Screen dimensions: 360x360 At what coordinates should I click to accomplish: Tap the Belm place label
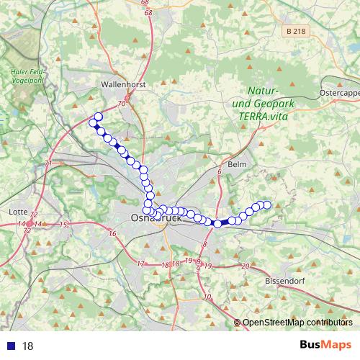pyautogui.click(x=236, y=165)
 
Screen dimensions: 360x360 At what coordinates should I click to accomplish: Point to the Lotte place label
pyautogui.click(x=16, y=212)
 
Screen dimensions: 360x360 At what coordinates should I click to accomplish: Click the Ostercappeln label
pyautogui.click(x=339, y=94)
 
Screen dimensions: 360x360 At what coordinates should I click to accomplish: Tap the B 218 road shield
pyautogui.click(x=294, y=32)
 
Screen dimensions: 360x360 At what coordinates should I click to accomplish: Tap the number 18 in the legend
pyautogui.click(x=28, y=346)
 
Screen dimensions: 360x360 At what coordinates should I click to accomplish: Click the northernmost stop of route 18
pyautogui.click(x=98, y=117)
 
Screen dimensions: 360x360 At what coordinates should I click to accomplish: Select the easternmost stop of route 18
pyautogui.click(x=266, y=205)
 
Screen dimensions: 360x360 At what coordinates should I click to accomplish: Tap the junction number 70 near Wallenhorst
pyautogui.click(x=121, y=104)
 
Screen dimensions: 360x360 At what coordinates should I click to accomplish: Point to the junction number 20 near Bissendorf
pyautogui.click(x=246, y=267)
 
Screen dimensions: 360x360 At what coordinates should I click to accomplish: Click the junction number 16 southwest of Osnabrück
pyautogui.click(x=112, y=234)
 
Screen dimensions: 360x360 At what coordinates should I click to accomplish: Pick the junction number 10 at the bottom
pyautogui.click(x=207, y=297)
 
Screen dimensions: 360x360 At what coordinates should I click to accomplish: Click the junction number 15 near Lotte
pyautogui.click(x=63, y=225)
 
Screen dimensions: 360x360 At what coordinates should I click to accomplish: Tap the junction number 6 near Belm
pyautogui.click(x=218, y=172)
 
